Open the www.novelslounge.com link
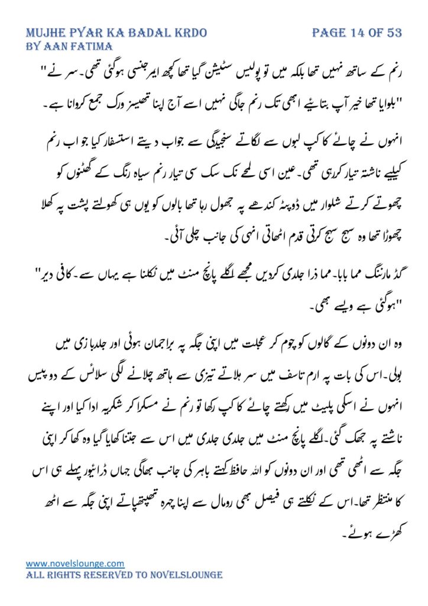coord(75,563)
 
